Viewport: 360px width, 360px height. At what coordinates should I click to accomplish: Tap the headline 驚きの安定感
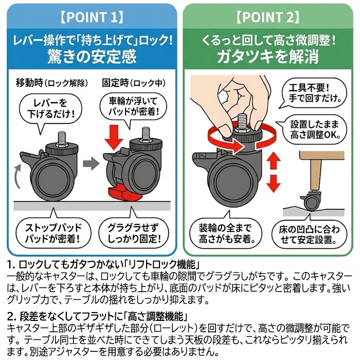(x=90, y=54)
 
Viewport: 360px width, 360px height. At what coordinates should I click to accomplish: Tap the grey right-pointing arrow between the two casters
(x=90, y=165)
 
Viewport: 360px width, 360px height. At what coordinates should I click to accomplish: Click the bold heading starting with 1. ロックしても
(x=103, y=265)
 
